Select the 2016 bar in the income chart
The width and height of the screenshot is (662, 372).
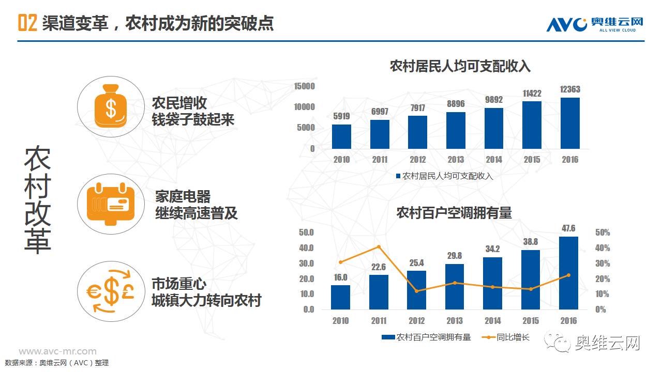[570, 123]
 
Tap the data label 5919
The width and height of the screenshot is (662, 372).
[341, 116]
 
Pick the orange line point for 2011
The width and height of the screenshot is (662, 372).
[379, 246]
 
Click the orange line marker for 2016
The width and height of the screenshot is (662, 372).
[569, 275]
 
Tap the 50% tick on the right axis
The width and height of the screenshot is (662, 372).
[603, 233]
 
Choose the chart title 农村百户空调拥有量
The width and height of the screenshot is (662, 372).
[454, 212]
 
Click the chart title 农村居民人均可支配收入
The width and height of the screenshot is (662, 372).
[460, 66]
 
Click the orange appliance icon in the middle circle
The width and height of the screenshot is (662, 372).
[111, 203]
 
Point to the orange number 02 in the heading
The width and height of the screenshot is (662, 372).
[27, 23]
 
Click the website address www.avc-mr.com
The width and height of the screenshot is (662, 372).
[57, 351]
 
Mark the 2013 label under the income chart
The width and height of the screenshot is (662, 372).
[456, 160]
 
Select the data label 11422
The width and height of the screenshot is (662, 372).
[532, 94]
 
